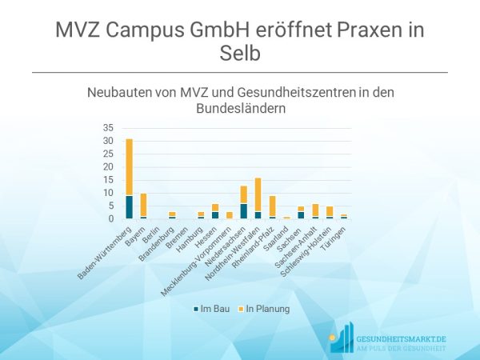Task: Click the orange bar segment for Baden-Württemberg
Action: [x=130, y=167]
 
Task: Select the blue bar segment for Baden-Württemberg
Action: [x=130, y=207]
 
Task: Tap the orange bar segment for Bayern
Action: [x=144, y=205]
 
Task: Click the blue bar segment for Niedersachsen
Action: [x=243, y=211]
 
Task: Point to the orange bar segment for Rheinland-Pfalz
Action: [x=272, y=206]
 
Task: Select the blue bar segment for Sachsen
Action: [x=300, y=214]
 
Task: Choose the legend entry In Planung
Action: [x=265, y=306]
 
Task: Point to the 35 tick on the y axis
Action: [x=109, y=128]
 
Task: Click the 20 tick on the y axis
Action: [x=109, y=166]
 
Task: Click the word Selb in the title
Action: [x=239, y=54]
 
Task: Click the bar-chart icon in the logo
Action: [x=342, y=338]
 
